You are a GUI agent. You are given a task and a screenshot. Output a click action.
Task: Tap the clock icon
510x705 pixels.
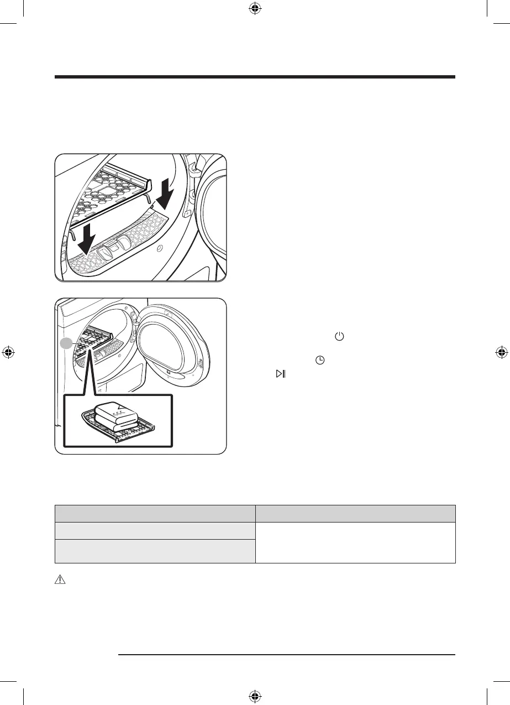point(319,360)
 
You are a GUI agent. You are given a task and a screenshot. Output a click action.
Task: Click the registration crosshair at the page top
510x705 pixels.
point(255,8)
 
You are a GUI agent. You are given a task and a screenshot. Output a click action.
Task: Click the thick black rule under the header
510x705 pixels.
point(255,77)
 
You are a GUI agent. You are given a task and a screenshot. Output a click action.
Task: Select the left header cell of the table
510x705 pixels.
point(155,513)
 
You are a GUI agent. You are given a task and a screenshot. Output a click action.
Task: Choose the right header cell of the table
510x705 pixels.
point(355,513)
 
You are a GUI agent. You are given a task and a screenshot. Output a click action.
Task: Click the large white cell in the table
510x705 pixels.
point(355,542)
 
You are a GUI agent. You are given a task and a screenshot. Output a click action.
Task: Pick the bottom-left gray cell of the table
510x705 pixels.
point(155,551)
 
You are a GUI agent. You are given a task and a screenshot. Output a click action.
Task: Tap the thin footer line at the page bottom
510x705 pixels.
point(287,655)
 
